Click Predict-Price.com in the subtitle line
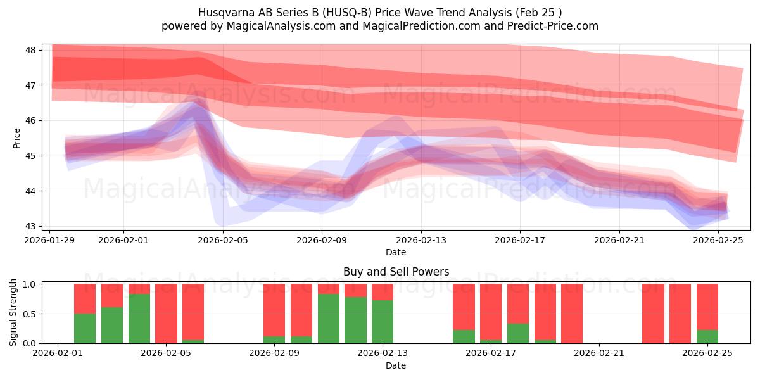coord(548,26)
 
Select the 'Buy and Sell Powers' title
coord(396,272)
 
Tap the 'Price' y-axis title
coord(16,138)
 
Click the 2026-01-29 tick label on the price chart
coord(50,240)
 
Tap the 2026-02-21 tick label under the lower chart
coord(598,353)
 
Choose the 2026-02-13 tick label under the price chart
coord(421,240)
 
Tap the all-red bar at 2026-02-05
coord(166,313)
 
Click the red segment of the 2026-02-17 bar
coord(491,310)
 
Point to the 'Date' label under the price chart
coord(396,252)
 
